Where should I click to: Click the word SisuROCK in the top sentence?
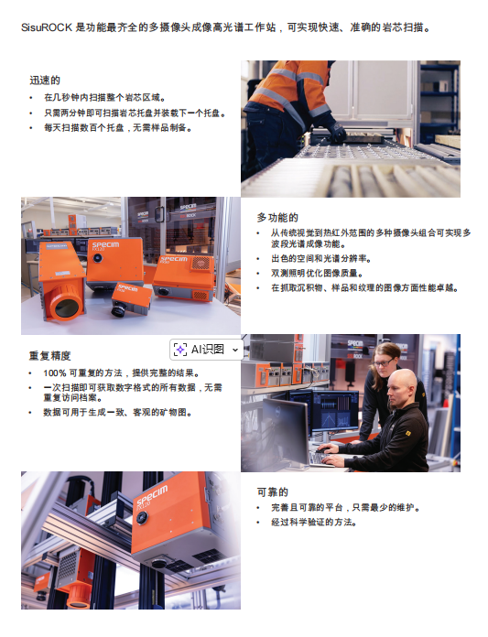click(47, 28)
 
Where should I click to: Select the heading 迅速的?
click(45, 80)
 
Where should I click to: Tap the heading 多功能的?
click(277, 218)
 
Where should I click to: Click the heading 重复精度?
click(49, 356)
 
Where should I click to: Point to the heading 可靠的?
click(273, 492)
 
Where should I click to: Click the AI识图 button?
click(206, 350)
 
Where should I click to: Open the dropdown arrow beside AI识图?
click(235, 350)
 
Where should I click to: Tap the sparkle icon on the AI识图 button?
click(180, 350)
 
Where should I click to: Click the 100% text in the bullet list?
click(55, 372)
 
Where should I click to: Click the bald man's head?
click(401, 387)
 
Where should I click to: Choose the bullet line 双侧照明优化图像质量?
click(317, 273)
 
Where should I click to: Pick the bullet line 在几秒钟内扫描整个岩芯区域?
click(104, 98)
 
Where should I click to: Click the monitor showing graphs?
click(335, 411)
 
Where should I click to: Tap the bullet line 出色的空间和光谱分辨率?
click(321, 258)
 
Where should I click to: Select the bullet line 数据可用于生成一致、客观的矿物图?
click(117, 413)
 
